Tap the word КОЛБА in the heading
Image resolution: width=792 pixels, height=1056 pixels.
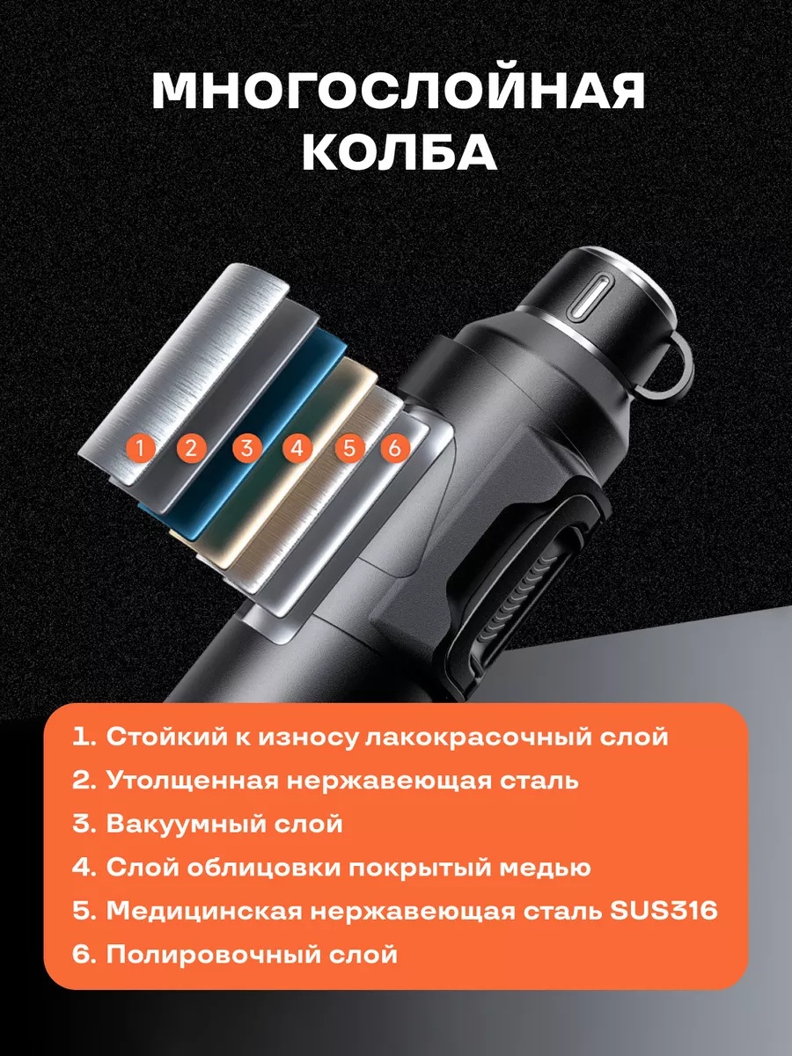[400, 151]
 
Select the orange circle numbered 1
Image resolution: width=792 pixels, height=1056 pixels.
[140, 449]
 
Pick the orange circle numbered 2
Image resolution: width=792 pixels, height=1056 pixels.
[191, 449]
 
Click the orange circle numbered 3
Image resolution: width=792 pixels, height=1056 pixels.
[246, 449]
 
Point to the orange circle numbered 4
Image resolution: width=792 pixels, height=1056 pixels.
[297, 449]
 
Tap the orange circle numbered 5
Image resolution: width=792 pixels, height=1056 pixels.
[349, 449]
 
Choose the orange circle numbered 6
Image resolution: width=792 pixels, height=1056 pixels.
[395, 449]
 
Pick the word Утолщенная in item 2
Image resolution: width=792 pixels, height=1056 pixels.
[192, 780]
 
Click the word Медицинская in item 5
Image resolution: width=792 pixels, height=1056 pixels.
[201, 911]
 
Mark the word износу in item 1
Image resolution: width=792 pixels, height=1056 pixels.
[308, 738]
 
